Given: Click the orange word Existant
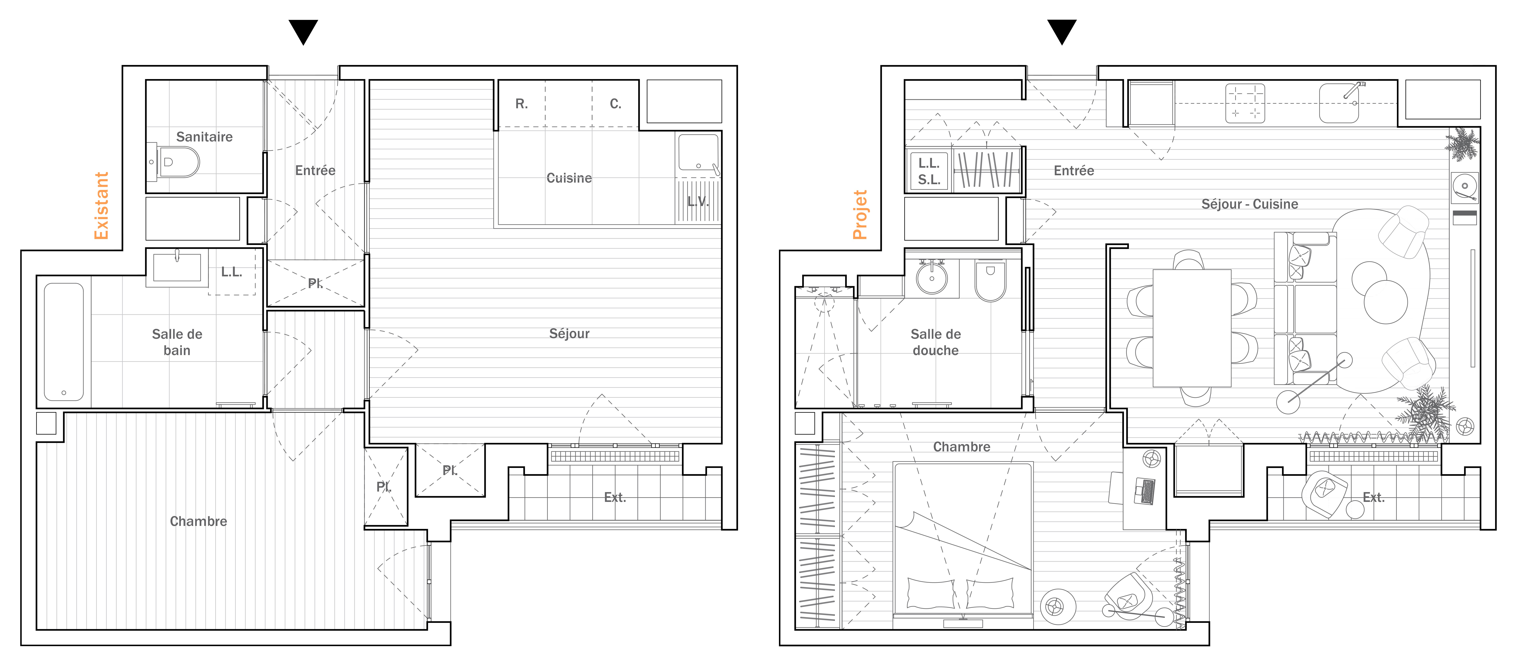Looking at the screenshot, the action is (x=101, y=206).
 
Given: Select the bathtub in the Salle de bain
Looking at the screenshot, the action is (x=64, y=342).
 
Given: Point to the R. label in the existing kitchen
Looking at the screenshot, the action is (x=521, y=104).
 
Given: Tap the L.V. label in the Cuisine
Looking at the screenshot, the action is (x=698, y=201).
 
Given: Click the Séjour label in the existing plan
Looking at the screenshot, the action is (x=569, y=334).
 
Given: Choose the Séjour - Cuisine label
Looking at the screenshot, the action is (x=1250, y=204).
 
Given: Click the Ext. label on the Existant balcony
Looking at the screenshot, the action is (x=615, y=498).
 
